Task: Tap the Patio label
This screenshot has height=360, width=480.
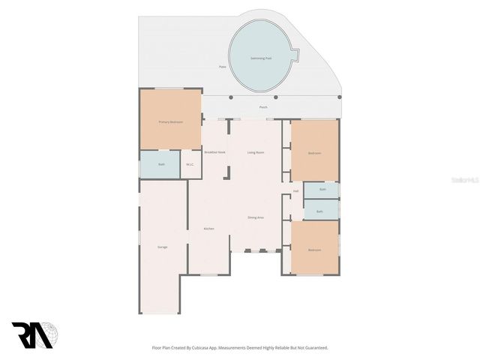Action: pyautogui.click(x=222, y=67)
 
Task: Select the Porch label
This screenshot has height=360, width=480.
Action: pyautogui.click(x=263, y=107)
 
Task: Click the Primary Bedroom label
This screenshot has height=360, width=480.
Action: pyautogui.click(x=170, y=121)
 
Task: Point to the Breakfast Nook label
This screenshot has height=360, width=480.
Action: pyautogui.click(x=214, y=152)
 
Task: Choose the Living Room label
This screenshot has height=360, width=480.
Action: pyautogui.click(x=256, y=152)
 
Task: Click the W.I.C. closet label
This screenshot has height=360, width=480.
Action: pyautogui.click(x=190, y=164)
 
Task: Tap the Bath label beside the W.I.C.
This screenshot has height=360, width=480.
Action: pyautogui.click(x=161, y=164)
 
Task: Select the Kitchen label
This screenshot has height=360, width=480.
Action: pyautogui.click(x=209, y=229)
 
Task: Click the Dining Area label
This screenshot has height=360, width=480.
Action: pyautogui.click(x=256, y=217)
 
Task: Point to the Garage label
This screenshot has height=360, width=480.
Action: pyautogui.click(x=162, y=247)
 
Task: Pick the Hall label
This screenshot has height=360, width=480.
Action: pyautogui.click(x=295, y=191)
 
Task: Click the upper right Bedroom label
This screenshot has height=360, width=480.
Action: pyautogui.click(x=314, y=153)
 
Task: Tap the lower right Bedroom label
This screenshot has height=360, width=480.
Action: pyautogui.click(x=314, y=250)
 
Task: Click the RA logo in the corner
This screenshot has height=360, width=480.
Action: pyautogui.click(x=32, y=335)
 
